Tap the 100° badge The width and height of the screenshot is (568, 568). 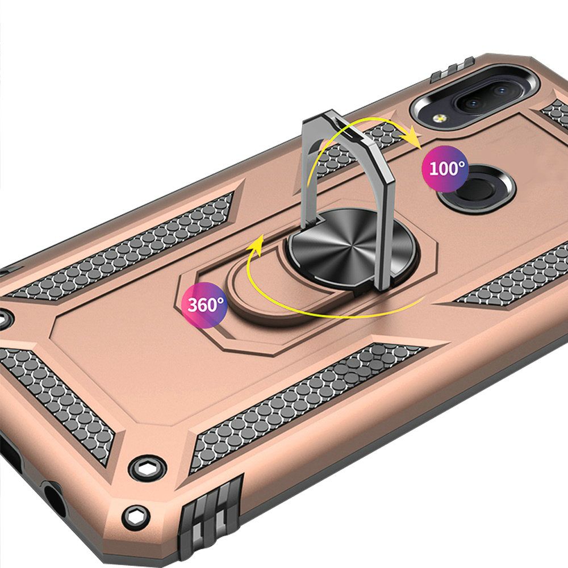tap(445, 169)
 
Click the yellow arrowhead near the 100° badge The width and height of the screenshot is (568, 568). tap(411, 137)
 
